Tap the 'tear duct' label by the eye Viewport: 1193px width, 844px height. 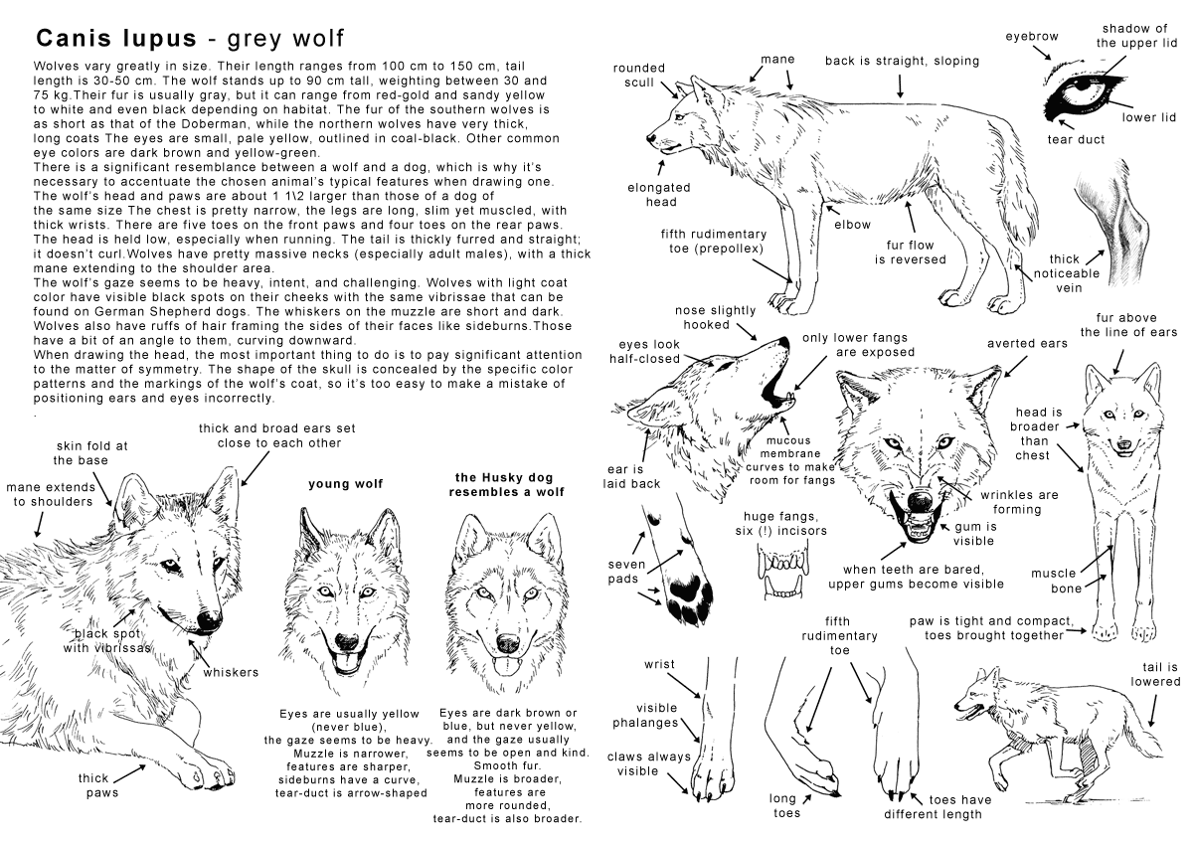coord(1076,139)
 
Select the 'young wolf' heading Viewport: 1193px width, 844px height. coord(345,484)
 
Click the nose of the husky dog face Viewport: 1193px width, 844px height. coord(507,641)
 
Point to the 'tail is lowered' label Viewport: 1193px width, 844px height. coord(1154,674)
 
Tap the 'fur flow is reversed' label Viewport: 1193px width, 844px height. coord(910,252)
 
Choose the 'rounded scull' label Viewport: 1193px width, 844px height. coord(639,76)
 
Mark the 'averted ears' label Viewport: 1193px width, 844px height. coord(1027,343)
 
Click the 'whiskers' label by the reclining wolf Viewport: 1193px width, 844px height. coord(231,672)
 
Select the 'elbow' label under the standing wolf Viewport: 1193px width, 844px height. coord(852,225)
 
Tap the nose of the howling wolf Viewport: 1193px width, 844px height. coord(784,343)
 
